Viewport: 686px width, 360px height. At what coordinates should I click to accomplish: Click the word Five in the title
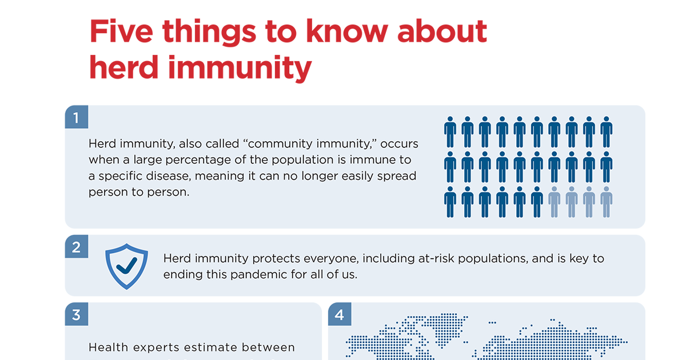tap(121, 33)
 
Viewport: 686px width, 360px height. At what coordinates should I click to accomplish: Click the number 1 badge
tap(77, 117)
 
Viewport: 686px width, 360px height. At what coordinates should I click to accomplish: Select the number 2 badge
tap(77, 247)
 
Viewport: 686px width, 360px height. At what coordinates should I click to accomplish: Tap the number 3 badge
tap(77, 314)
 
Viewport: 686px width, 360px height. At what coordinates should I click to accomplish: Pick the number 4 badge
tap(340, 314)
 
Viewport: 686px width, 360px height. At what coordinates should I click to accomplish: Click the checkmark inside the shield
tap(127, 264)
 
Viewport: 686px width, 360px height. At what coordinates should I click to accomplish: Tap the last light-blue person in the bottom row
tap(607, 202)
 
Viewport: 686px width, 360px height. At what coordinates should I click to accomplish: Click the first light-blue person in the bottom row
tap(554, 202)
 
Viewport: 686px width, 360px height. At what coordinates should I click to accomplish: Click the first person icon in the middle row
tap(450, 167)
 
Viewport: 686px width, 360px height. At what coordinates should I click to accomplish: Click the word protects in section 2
tap(277, 258)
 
